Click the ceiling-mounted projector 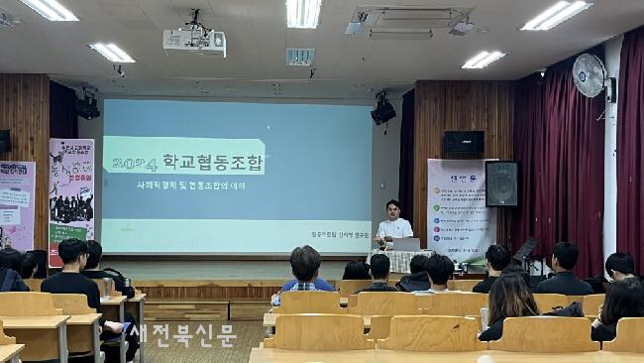(194, 42)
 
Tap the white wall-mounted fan (589, 76)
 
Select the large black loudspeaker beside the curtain (500, 183)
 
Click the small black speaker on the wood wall (463, 142)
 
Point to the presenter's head (392, 209)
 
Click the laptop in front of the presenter (406, 244)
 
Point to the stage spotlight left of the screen (87, 104)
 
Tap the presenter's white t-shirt (392, 231)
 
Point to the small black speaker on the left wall (4, 141)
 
